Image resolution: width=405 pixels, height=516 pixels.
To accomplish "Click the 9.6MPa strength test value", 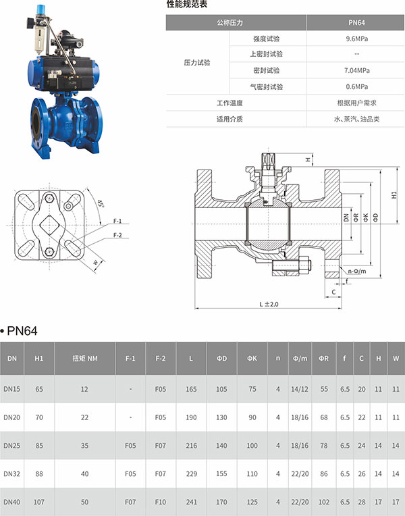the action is point(356,38).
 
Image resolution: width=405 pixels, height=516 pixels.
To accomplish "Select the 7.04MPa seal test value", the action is point(356,70).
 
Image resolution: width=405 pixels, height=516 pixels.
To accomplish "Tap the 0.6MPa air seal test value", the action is point(356,86).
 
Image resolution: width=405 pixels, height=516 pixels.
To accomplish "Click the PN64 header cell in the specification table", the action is point(356,23).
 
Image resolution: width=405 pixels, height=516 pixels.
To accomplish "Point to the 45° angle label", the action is point(101,203).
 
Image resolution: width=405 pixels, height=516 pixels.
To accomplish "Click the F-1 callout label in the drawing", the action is point(117,221).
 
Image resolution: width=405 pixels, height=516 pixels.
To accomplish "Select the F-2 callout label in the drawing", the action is point(117,235).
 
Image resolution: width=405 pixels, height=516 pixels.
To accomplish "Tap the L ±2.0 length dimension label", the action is point(269,304).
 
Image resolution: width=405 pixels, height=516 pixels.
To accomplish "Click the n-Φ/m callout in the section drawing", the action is point(357,271).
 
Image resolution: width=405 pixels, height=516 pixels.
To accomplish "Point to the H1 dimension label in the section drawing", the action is point(394,195).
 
